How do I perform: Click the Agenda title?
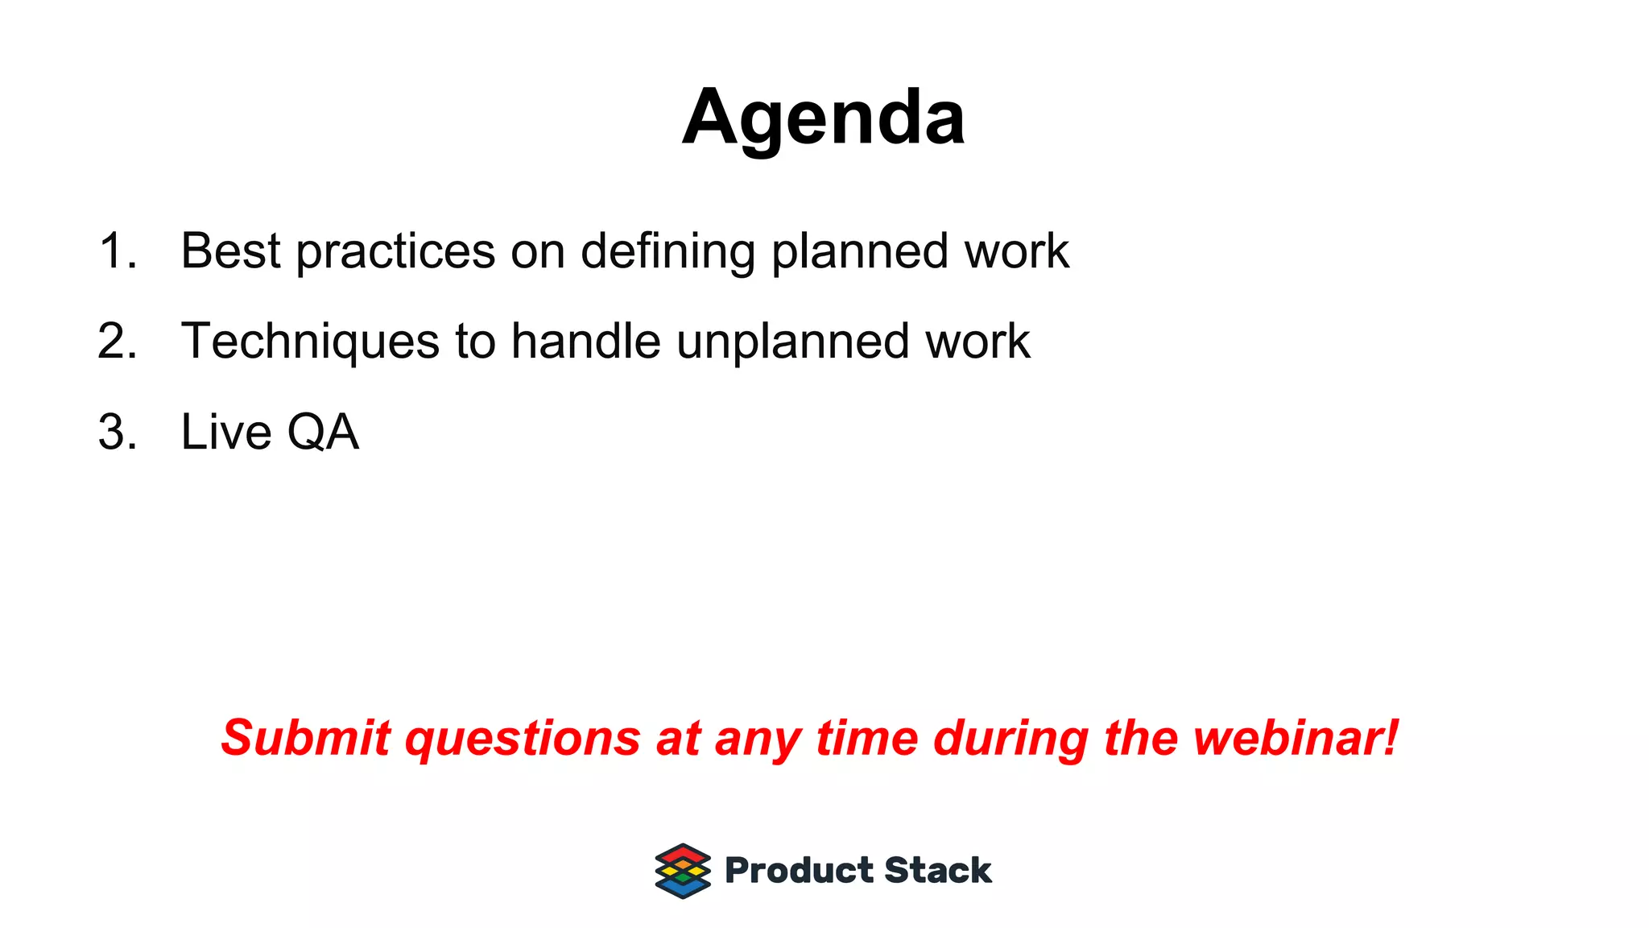[823, 118]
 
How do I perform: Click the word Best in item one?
[230, 251]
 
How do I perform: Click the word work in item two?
[977, 341]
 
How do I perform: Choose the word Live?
[226, 432]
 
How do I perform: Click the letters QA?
[323, 433]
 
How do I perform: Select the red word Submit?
[306, 737]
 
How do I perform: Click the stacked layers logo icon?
[683, 871]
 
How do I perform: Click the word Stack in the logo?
[938, 871]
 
